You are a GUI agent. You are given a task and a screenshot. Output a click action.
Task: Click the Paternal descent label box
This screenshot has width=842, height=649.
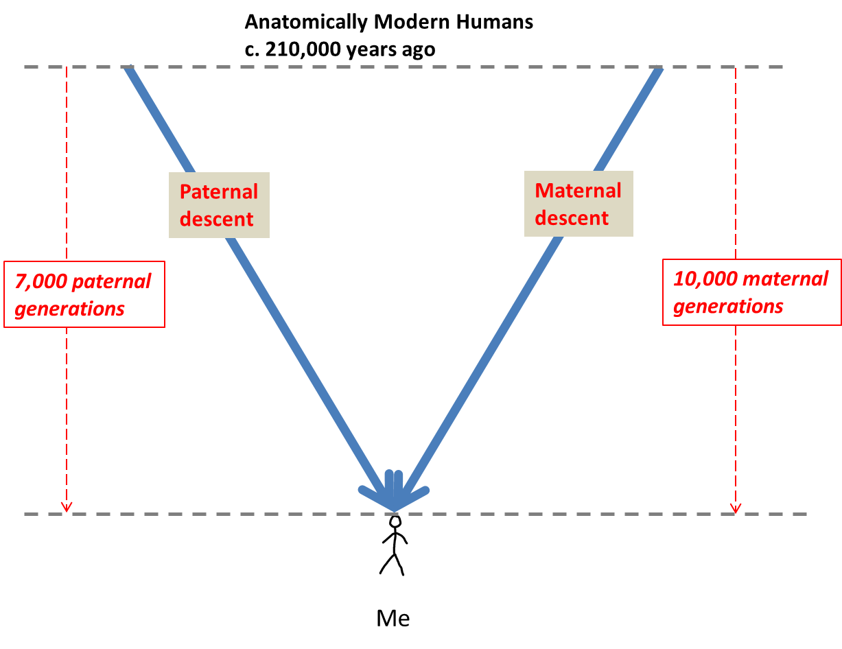219,204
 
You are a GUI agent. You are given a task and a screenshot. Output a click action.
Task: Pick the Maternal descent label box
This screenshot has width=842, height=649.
578,204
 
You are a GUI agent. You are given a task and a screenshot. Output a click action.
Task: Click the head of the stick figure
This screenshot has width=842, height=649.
395,521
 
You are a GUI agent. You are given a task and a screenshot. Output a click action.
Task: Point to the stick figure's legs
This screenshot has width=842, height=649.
393,563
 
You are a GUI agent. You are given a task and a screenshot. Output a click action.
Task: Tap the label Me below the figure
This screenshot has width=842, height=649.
393,618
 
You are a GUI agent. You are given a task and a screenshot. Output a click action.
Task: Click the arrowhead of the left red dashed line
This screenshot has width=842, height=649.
67,508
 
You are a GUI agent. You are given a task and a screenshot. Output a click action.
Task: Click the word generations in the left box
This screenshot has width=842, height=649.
69,309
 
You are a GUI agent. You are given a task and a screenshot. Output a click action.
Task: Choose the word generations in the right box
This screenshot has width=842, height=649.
728,306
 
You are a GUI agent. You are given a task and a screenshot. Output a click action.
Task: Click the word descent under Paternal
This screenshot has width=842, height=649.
217,219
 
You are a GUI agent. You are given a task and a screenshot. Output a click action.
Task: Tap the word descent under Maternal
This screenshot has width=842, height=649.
572,217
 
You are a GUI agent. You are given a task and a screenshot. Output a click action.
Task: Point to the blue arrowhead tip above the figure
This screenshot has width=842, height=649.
394,508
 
